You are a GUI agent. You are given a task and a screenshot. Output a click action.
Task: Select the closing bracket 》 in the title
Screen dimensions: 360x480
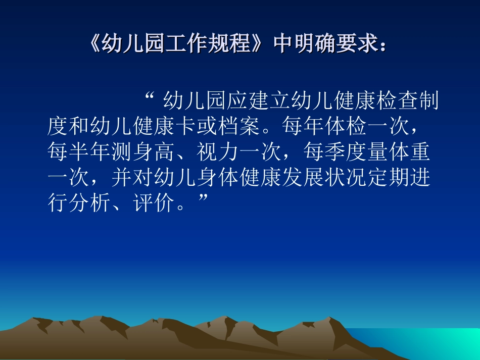(260, 45)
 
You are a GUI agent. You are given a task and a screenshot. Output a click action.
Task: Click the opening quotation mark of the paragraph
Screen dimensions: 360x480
(149, 97)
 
